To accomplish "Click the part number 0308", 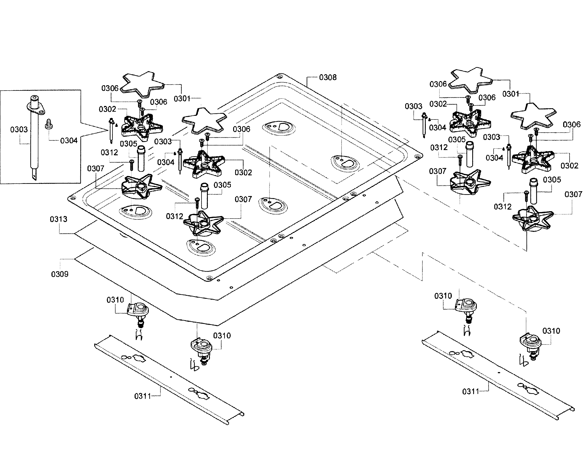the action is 328,77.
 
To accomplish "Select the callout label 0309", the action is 60,274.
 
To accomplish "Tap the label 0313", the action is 58,219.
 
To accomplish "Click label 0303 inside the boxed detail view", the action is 19,129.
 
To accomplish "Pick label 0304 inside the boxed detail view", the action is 69,141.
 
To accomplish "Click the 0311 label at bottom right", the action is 470,392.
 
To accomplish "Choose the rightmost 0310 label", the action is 551,331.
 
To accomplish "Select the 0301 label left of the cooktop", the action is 182,99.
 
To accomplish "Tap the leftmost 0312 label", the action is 109,152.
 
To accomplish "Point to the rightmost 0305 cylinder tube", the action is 533,191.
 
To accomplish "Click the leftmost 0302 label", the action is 107,109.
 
